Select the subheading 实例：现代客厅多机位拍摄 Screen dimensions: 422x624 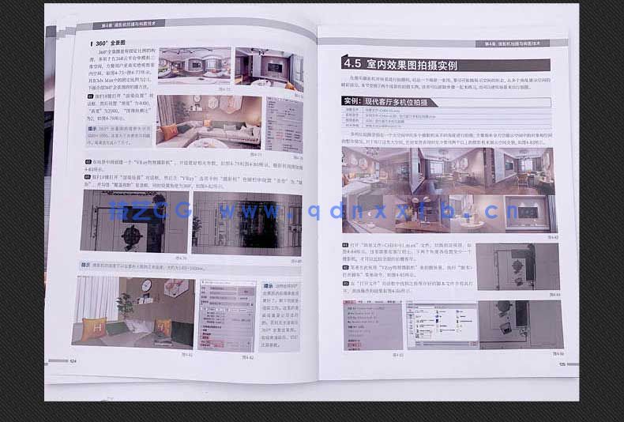(x=395, y=102)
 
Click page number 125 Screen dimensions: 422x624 (x=562, y=364)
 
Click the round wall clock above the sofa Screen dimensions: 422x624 (x=146, y=285)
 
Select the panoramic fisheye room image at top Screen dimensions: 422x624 (x=194, y=65)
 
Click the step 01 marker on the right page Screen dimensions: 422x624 (x=346, y=246)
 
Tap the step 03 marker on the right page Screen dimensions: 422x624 (x=346, y=282)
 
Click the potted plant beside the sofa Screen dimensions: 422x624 (x=125, y=305)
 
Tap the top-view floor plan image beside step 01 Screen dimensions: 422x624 (x=518, y=266)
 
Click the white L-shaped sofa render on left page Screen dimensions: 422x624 (x=207, y=122)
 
